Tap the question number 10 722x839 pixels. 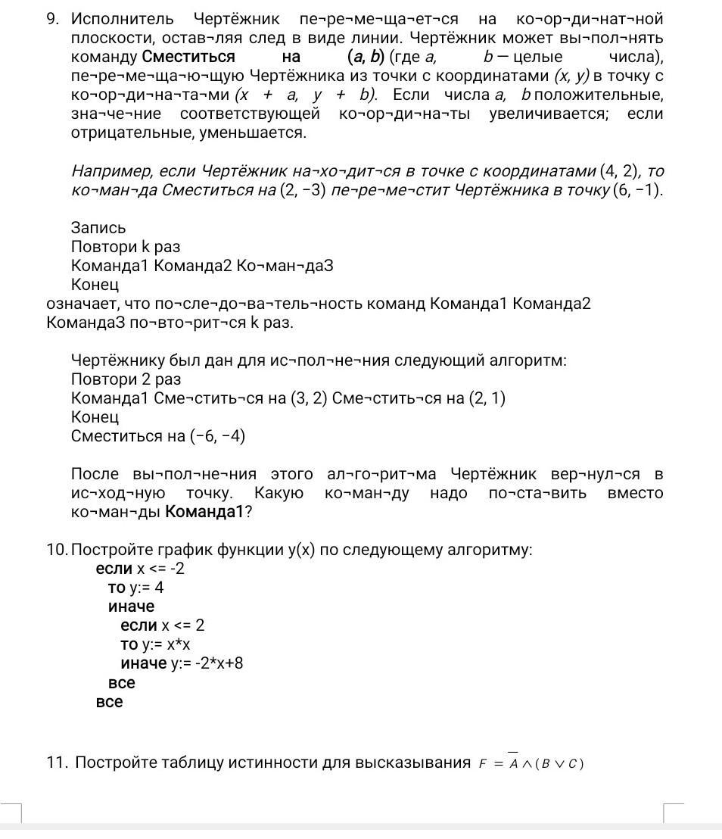[x=56, y=550]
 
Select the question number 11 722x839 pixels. [x=57, y=763]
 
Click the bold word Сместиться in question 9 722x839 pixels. [x=188, y=57]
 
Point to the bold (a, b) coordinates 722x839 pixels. [x=366, y=57]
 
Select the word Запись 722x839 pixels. [x=98, y=228]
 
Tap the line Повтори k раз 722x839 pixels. [x=126, y=247]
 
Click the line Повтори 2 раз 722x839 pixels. [x=126, y=379]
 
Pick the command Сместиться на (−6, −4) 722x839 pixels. [x=157, y=436]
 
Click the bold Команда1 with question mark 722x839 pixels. [x=208, y=512]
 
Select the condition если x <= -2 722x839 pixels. [x=140, y=569]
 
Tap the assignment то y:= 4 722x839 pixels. [x=135, y=588]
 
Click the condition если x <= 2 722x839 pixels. [x=162, y=625]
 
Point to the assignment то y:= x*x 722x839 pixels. [x=155, y=644]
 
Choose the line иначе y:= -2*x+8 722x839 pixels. [x=181, y=664]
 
